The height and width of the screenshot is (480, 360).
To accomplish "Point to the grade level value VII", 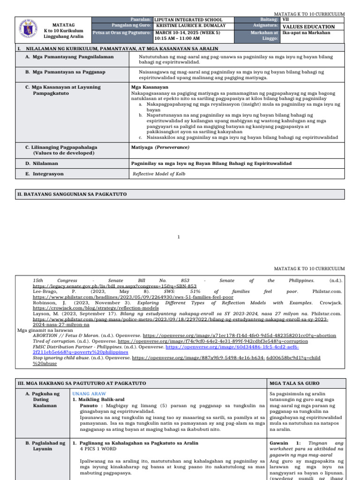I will point(286,20).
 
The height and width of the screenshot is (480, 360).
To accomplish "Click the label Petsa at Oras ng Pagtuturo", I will point(122,33).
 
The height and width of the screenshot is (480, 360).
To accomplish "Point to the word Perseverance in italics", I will point(173,147).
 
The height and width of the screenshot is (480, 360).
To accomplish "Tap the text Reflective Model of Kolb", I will point(159,174).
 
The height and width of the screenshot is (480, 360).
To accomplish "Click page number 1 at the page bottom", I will point(179,237).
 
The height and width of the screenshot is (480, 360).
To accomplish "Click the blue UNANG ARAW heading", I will point(89,394).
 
